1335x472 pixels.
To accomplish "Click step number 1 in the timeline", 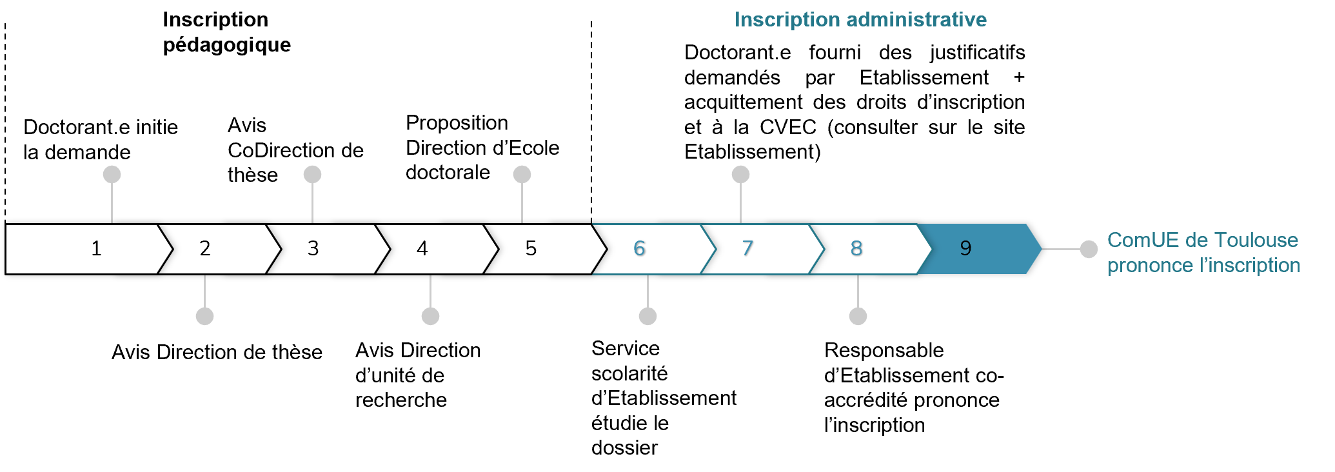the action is point(96,248).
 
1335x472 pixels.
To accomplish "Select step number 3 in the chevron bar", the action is point(313,248).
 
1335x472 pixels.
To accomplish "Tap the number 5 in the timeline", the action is point(531,248).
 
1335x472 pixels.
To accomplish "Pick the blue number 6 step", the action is point(640,248).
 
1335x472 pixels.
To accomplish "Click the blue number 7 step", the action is point(748,248).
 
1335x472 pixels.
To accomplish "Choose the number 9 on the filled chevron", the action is point(965,248).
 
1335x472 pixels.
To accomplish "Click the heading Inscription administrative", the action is point(860,19).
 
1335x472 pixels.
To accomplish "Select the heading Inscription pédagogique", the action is point(226,32).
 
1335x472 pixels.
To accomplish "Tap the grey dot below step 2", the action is point(204,316).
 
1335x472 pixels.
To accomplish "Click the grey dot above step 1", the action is point(112,174).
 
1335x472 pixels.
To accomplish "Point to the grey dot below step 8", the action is point(858,316).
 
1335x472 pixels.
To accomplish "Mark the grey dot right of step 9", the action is point(1089,249).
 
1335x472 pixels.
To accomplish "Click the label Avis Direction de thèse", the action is point(217,352).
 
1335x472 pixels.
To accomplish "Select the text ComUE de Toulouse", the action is point(1203,240).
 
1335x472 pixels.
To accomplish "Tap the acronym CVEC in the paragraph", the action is point(788,127).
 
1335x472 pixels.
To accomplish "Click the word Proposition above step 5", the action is point(457,123).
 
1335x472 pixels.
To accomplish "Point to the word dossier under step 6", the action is point(624,447).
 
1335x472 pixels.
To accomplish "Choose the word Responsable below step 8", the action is point(884,350).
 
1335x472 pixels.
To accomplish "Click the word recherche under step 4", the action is point(401,400).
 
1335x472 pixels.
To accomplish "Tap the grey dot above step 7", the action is point(740,174).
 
